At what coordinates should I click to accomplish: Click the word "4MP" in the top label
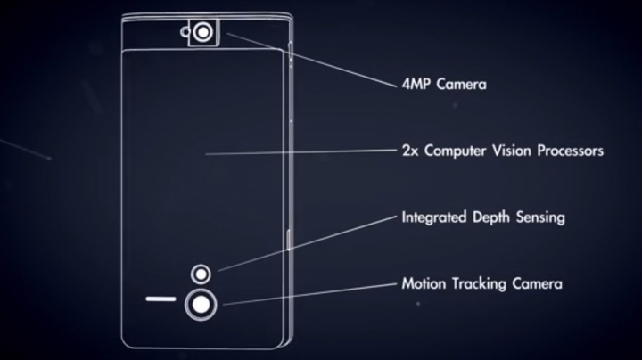tap(416, 85)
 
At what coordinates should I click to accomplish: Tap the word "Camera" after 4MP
tap(462, 85)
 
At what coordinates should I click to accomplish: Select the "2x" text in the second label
tap(410, 151)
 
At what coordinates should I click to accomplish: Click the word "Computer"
tap(455, 151)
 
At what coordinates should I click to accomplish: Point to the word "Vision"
tap(512, 151)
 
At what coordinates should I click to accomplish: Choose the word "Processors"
tap(571, 151)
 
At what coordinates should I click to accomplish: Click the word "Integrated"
tap(434, 217)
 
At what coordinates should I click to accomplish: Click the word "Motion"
tap(424, 283)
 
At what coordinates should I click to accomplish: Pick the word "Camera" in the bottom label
tap(537, 283)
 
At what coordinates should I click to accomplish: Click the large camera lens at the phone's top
tap(203, 32)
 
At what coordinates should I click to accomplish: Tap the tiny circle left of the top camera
tap(185, 32)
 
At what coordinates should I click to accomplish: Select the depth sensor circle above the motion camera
tap(201, 274)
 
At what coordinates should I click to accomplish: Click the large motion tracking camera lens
tap(201, 305)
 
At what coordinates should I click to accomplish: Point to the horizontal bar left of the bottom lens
tap(160, 299)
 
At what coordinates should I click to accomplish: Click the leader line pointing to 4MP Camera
tap(312, 60)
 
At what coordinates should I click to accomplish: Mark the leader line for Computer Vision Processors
tap(301, 152)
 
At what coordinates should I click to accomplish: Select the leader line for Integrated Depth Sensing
tap(308, 243)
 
